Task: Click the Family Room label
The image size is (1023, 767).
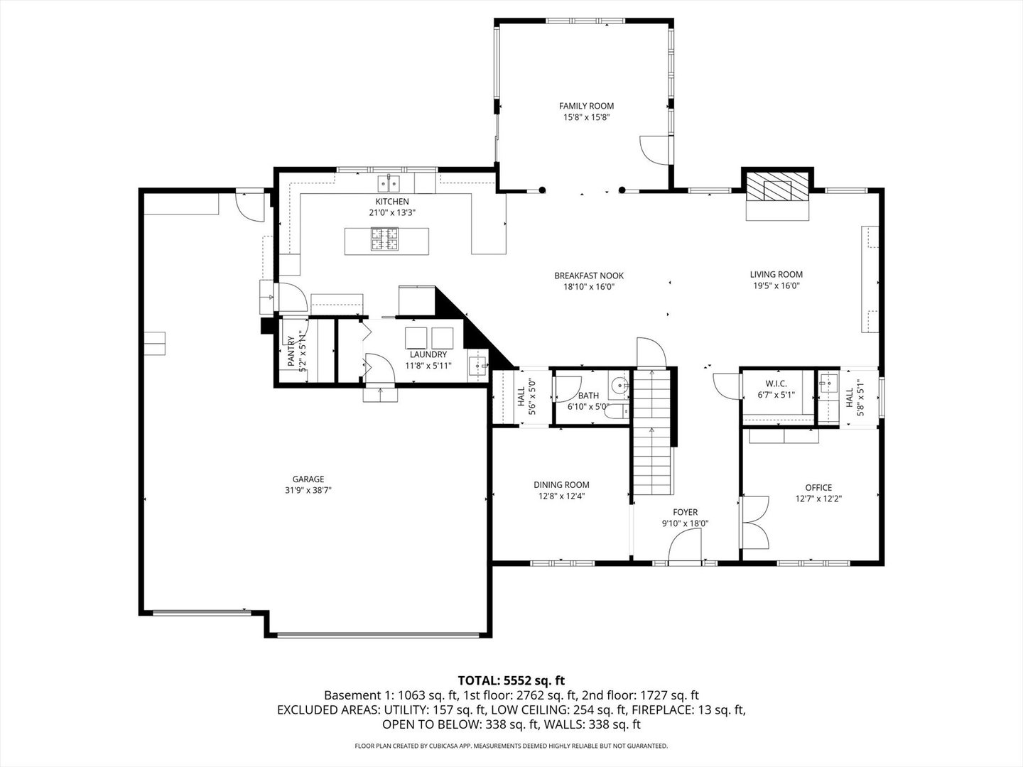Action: pos(586,106)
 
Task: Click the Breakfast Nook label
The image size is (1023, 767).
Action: pos(588,276)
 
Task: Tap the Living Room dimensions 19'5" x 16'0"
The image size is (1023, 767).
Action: pos(776,286)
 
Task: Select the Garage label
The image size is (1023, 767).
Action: pos(308,479)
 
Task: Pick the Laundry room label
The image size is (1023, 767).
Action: pos(428,354)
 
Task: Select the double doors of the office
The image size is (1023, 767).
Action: pos(755,521)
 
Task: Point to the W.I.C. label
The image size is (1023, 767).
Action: pos(776,383)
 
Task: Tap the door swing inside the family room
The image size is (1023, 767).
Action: pos(654,149)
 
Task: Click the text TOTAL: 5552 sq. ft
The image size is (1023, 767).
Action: pos(511,680)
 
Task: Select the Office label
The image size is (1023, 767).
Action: pos(818,487)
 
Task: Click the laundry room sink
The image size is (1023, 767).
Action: pos(477,366)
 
